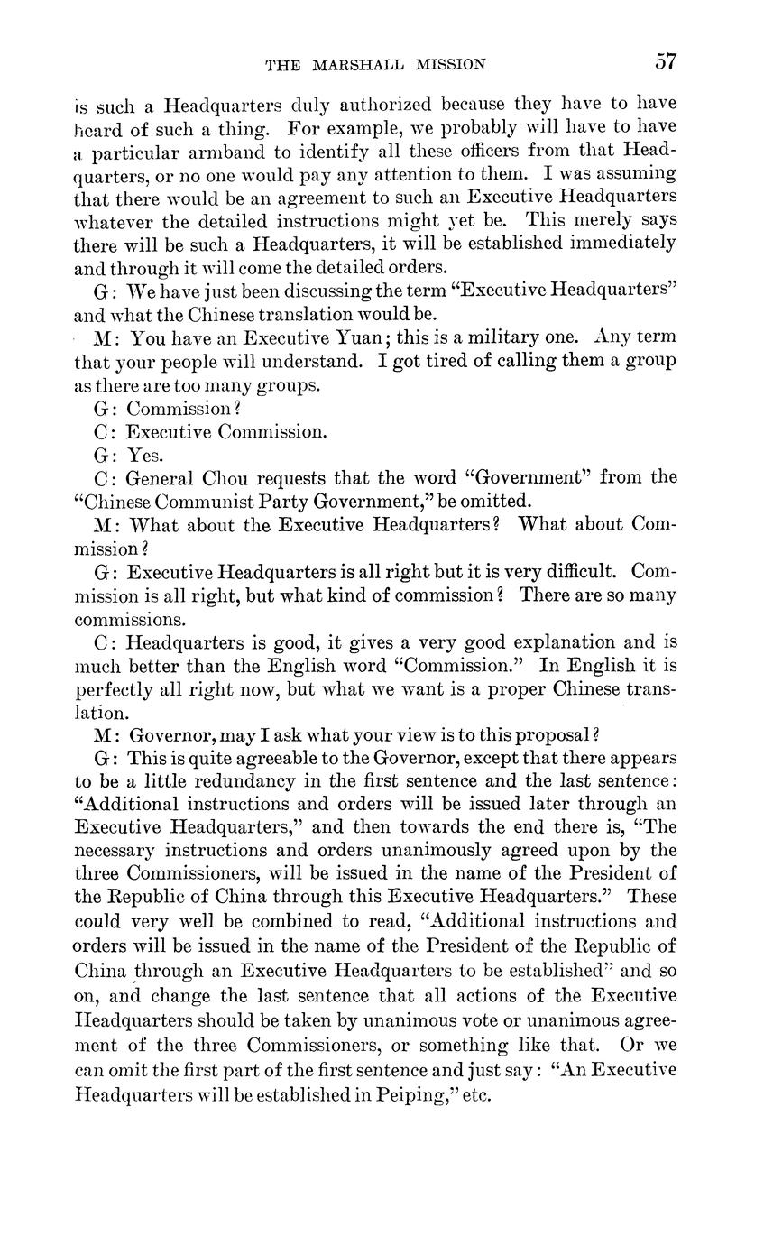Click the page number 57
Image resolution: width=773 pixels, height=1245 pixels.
point(666,62)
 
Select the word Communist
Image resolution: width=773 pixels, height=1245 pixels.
point(221,502)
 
